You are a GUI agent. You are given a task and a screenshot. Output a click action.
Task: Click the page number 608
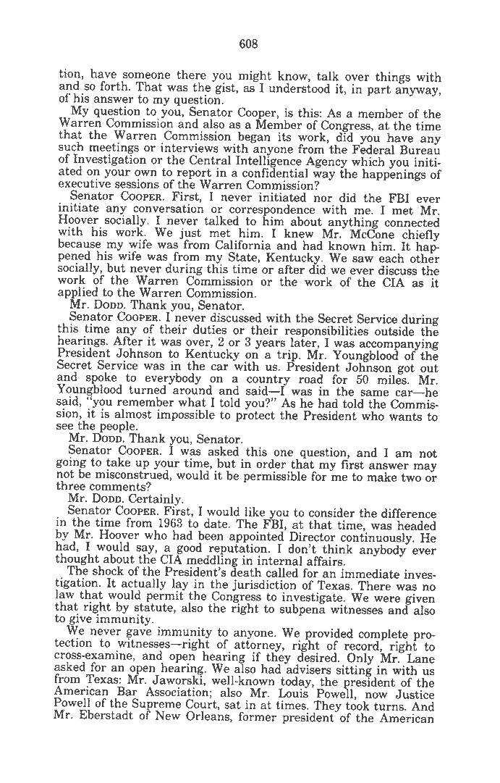pos(249,43)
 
